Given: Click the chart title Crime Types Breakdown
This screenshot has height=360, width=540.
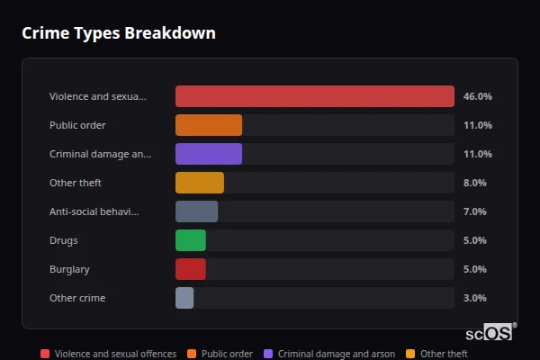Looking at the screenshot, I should pos(118,34).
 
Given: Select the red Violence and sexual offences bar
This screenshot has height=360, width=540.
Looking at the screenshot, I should pos(314,96).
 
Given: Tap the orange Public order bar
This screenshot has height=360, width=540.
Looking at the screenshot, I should pos(209,125).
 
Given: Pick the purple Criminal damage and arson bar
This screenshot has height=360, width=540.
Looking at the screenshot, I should pos(209,154).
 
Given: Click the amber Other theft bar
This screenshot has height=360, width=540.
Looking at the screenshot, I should pos(200,183).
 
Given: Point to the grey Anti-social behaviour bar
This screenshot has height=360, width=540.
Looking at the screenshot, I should pos(196,211).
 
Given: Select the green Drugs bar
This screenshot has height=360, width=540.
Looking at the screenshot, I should pos(191,240).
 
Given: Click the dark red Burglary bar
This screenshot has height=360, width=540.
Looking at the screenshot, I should pos(191,269).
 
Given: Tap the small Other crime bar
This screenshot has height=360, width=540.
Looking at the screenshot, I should pos(184,298).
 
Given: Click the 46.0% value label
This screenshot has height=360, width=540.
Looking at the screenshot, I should pos(477,96).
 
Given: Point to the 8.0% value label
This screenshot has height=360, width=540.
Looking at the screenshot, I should pos(474,183).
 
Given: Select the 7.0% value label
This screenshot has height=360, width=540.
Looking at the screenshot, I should pos(474,211).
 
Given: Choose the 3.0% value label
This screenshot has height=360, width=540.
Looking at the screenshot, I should pos(474,298).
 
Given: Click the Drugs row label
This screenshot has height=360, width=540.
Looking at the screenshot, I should pos(64,240).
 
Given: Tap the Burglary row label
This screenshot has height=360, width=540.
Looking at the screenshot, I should pos(69,269).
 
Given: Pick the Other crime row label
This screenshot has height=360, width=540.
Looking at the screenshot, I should pos(77,298).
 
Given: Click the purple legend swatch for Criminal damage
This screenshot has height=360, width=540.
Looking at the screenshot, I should pos(268,354).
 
